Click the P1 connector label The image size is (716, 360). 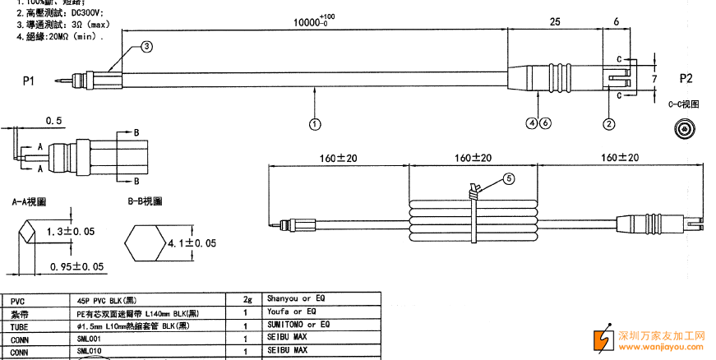(29, 81)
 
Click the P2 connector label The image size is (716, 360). (686, 79)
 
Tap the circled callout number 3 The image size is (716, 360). (146, 47)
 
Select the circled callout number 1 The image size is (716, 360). (315, 124)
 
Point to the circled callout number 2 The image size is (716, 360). (609, 124)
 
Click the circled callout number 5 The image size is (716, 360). (508, 178)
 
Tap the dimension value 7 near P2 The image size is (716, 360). (654, 78)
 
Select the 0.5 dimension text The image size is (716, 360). (54, 121)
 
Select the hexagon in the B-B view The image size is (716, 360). (145, 243)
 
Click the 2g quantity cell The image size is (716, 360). (247, 298)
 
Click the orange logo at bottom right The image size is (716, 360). (603, 339)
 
